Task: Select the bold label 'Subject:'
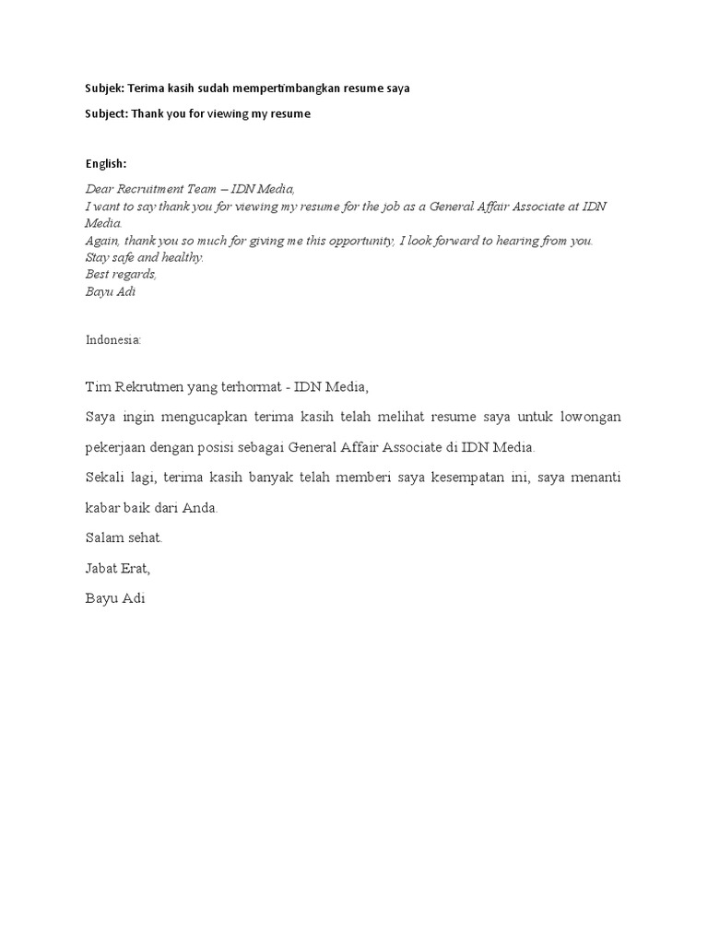point(106,113)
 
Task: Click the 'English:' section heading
point(106,163)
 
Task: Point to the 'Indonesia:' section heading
point(113,339)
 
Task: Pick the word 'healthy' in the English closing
point(183,257)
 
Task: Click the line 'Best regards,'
point(121,274)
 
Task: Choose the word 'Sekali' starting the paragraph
point(105,478)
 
